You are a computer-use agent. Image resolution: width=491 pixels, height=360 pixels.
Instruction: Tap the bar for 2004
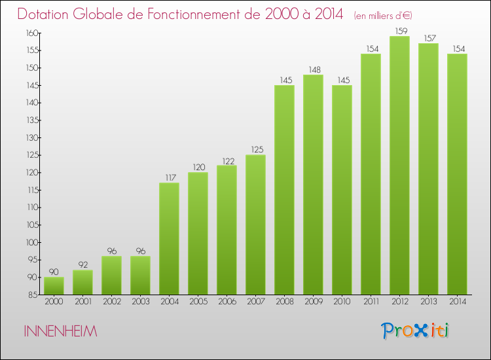[169, 238]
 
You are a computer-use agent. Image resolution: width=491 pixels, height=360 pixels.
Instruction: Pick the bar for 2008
[284, 190]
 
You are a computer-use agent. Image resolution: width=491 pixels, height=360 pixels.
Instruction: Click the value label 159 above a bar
[399, 31]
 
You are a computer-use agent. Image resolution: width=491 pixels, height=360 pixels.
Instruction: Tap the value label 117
[169, 177]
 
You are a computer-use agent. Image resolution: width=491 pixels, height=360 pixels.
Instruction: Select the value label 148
[313, 69]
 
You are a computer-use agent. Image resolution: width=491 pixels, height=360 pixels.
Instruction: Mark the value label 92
[82, 265]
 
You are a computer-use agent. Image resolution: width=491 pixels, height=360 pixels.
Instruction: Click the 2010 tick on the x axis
[342, 302]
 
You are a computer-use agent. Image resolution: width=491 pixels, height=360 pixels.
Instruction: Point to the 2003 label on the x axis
[140, 302]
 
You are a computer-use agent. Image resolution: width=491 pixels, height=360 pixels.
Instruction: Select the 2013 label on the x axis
[428, 302]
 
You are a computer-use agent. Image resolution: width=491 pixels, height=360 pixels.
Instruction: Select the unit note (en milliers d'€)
[384, 15]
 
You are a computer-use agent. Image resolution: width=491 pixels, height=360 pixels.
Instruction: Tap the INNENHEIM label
[60, 332]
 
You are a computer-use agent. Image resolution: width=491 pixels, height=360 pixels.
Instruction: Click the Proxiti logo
[415, 331]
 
